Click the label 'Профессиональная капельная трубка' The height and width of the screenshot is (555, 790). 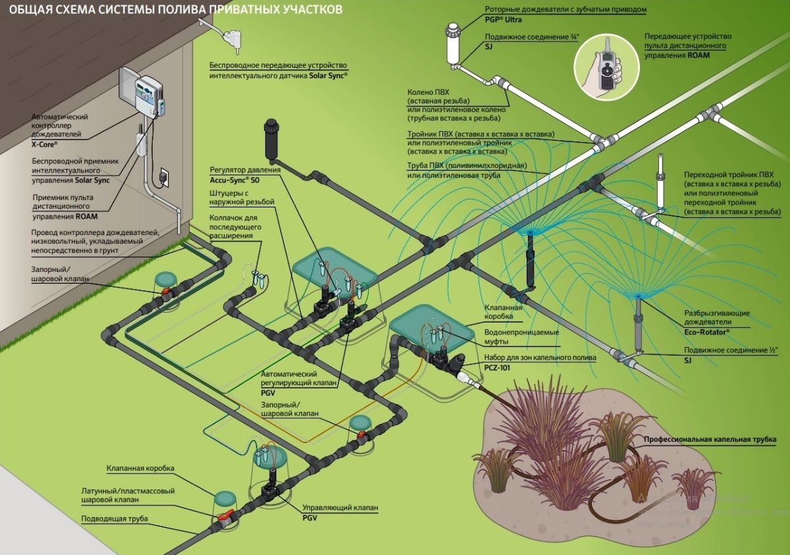pyautogui.click(x=710, y=439)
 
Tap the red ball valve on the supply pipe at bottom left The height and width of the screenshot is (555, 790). pyautogui.click(x=224, y=517)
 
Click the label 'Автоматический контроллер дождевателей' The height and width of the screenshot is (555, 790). pyautogui.click(x=59, y=125)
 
